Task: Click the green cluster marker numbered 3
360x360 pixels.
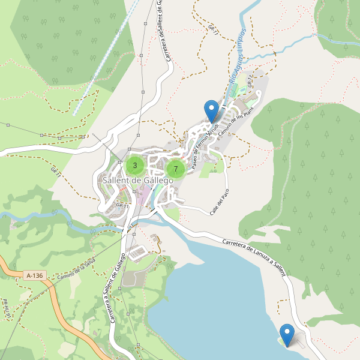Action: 135,165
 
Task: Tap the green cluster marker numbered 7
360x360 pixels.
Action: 175,169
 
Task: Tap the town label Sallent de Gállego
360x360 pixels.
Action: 138,180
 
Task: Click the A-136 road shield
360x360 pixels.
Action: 35,275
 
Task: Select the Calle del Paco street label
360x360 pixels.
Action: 220,202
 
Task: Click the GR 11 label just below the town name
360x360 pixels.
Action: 123,206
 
